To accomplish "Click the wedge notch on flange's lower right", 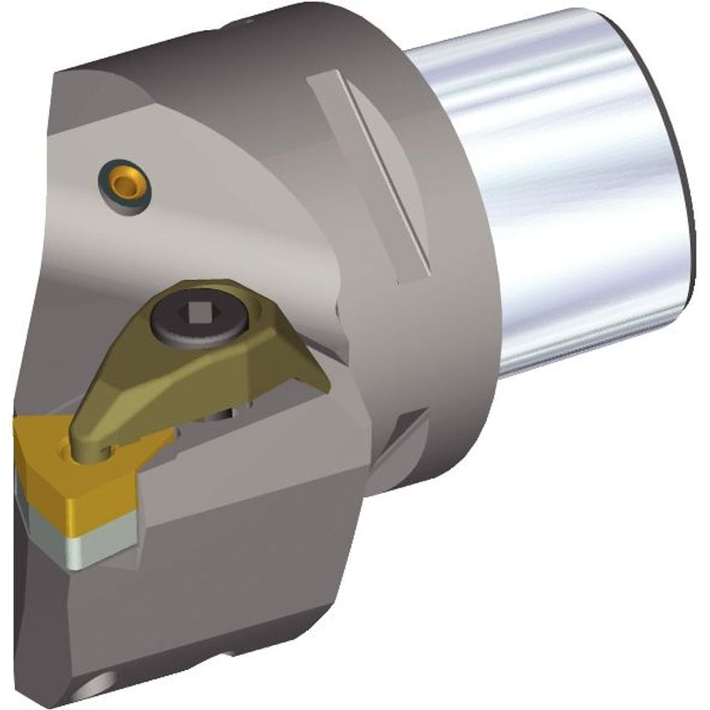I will point(407,441).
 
